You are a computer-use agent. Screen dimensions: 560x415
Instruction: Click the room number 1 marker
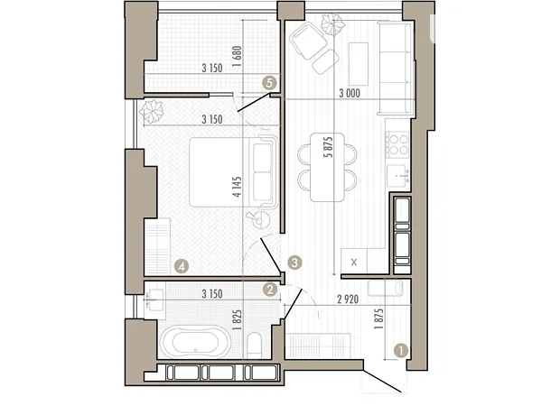[x=401, y=350]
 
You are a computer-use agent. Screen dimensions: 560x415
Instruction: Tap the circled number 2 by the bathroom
[x=270, y=290]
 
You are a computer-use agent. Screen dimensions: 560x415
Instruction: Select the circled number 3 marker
[x=294, y=263]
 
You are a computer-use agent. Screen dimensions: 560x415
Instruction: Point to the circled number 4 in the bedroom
[x=182, y=266]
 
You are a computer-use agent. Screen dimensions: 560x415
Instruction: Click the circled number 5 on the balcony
[x=270, y=83]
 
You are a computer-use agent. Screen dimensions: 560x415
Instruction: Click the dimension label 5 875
[x=329, y=147]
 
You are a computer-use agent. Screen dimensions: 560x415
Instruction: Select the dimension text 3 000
[x=350, y=94]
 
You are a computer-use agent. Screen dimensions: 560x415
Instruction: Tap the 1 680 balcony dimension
[x=237, y=57]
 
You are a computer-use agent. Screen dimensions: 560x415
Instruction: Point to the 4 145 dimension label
[x=237, y=187]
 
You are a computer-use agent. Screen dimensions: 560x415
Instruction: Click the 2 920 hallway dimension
[x=348, y=300]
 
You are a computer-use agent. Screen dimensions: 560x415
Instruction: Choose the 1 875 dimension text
[x=379, y=318]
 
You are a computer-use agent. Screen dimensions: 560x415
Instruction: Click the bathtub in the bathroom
[x=195, y=341]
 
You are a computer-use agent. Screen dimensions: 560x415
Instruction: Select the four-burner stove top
[x=397, y=144]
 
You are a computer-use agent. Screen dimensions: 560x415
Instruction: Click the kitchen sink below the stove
[x=397, y=176]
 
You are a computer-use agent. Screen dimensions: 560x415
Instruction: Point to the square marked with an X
[x=353, y=262]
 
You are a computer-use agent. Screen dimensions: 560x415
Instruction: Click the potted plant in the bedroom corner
[x=152, y=112]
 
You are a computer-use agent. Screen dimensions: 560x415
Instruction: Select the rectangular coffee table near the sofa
[x=359, y=64]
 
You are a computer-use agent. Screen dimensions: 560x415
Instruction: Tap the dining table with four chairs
[x=328, y=168]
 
